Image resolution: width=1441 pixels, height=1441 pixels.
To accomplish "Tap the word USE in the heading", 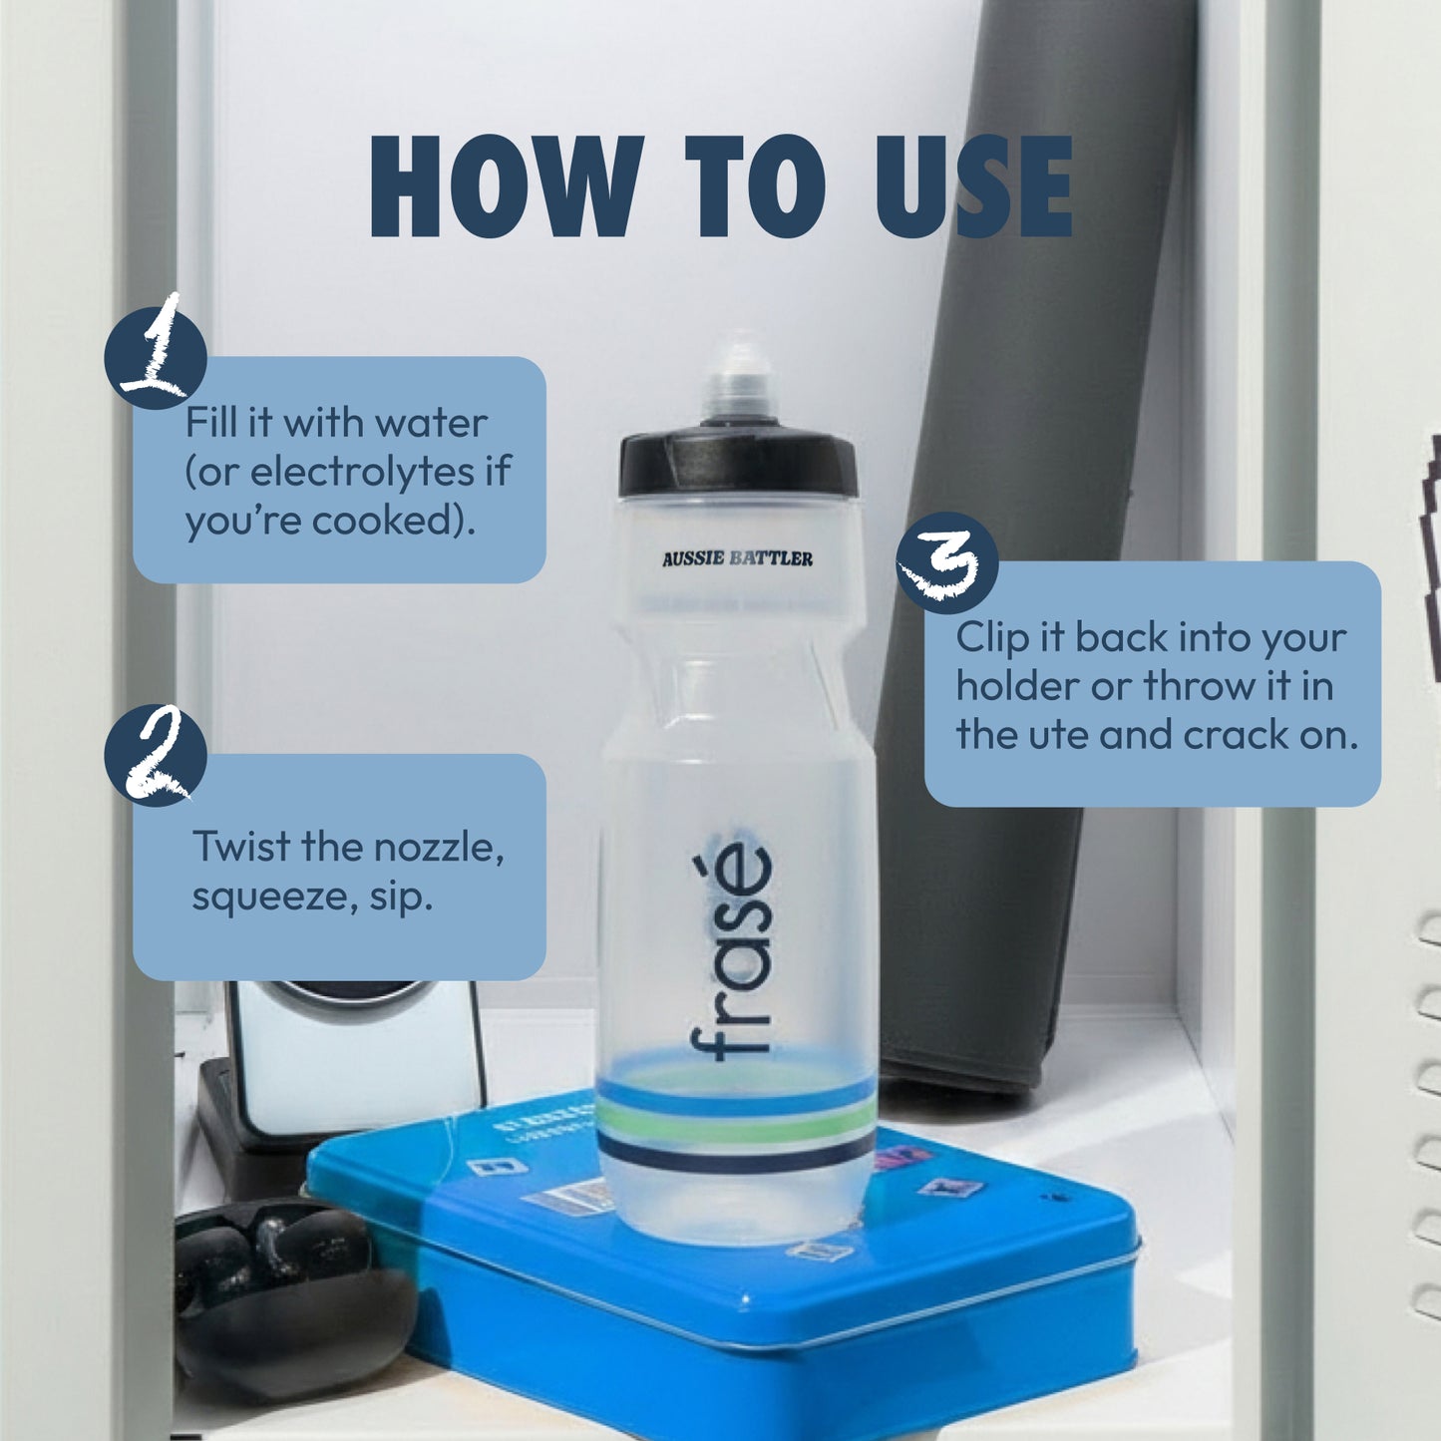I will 974,187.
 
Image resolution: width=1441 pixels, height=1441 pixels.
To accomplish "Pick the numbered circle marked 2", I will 156,755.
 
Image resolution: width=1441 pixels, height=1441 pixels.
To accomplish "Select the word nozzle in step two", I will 439,848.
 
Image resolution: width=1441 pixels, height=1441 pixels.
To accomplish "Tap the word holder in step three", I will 1017,686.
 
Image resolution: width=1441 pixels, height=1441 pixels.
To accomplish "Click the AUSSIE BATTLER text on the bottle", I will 737,558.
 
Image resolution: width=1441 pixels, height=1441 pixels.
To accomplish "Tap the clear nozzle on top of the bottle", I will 739,384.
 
